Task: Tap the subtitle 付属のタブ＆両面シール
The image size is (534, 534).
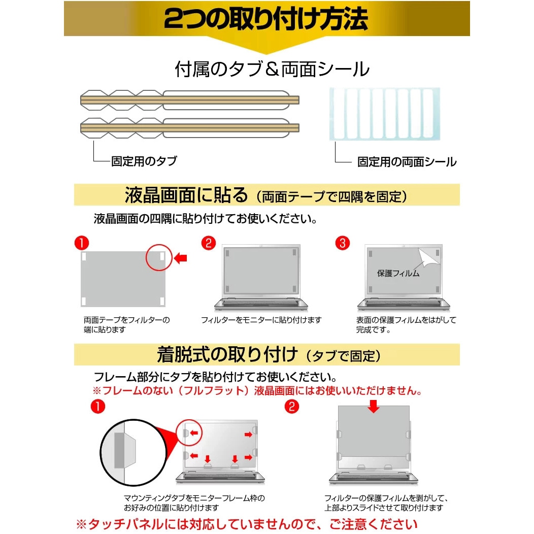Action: [272, 70]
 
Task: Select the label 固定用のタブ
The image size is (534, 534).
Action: [144, 161]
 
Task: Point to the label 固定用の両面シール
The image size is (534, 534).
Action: [407, 162]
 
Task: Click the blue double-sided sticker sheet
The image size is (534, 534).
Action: [384, 114]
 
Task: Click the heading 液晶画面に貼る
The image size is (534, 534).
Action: [186, 195]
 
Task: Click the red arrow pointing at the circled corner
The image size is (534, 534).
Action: [180, 259]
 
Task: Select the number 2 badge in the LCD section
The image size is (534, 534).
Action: [208, 243]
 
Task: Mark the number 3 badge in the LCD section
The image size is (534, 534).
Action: [343, 243]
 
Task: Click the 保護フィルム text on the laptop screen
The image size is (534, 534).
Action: [398, 274]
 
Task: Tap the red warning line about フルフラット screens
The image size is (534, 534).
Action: [257, 391]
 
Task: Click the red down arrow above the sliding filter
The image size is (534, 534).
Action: [374, 407]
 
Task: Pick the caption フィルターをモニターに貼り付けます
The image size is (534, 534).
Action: [261, 320]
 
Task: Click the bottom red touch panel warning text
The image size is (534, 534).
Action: [247, 524]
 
